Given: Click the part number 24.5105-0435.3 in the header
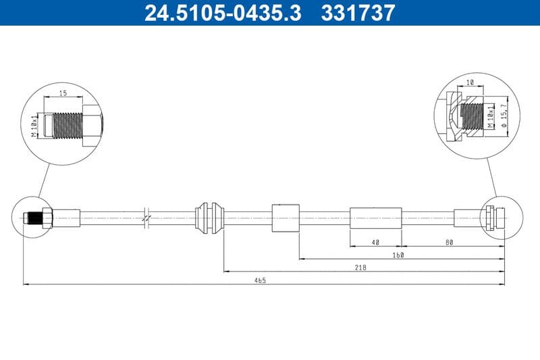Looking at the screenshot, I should coord(223,13).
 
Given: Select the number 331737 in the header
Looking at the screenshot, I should coord(358,13).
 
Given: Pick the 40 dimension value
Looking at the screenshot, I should coord(375,241).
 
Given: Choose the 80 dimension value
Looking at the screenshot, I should coord(449,241).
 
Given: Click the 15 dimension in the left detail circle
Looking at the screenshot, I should coord(63,94).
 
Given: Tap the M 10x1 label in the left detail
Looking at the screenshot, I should coord(34,125).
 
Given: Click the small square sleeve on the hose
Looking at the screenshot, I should coord(285,217).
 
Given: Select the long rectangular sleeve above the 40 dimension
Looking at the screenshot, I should coord(375,217).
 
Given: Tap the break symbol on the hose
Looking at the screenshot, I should coord(146,217).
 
